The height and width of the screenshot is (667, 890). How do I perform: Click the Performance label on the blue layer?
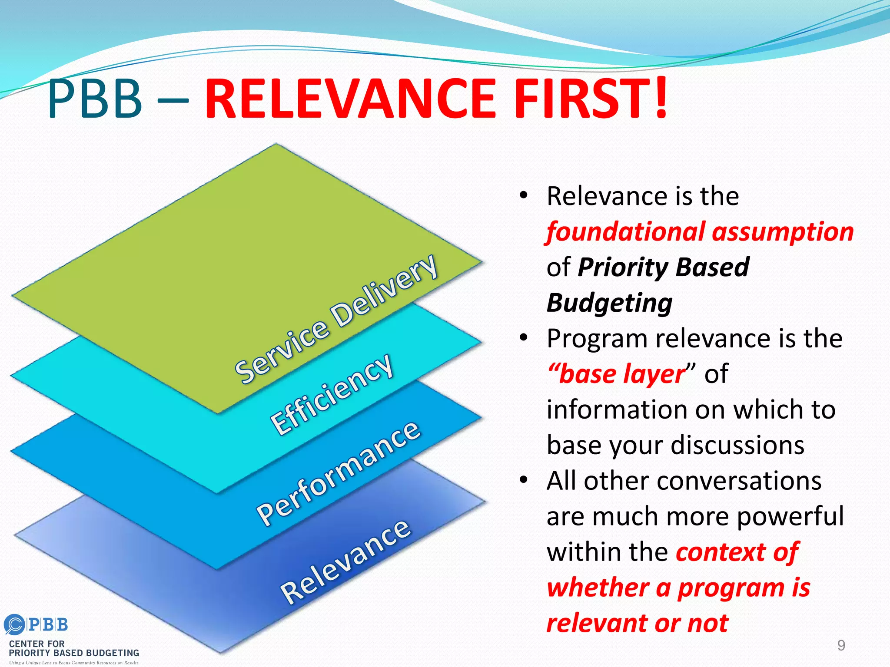339,473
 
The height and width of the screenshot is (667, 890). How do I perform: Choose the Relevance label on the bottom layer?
345,562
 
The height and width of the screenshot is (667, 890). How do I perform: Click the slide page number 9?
841,645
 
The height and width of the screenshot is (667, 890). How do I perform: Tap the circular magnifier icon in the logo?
14,625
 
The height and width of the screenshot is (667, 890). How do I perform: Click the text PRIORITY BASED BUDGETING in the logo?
74,653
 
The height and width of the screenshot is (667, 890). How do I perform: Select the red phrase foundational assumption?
700,232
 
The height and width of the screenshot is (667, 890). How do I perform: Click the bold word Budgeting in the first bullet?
609,303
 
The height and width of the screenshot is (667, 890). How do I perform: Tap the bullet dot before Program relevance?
524,337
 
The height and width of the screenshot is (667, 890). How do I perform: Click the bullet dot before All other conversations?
524,480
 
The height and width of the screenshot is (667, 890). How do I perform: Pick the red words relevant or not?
637,624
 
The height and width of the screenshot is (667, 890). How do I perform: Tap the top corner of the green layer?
276,145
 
